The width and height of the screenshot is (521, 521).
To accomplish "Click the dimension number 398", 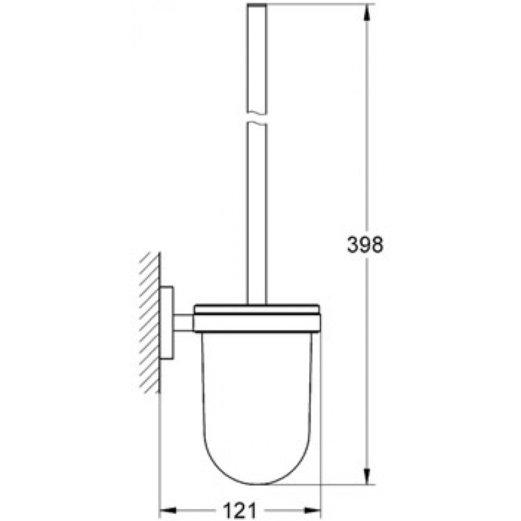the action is (365, 245).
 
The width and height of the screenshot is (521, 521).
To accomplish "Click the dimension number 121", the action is (240, 511).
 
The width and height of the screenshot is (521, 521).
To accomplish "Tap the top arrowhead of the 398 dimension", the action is (367, 12).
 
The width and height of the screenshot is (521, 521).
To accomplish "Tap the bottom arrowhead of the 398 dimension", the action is (367, 476).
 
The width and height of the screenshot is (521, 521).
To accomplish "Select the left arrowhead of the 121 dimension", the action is (168, 510).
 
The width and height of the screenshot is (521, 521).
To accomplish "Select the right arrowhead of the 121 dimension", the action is (313, 510).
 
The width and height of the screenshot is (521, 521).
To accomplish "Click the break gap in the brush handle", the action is (257, 118).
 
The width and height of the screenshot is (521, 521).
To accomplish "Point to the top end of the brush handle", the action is (257, 5).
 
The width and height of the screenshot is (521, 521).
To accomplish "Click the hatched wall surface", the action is (150, 322).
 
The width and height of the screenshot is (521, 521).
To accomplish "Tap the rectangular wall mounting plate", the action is (167, 322).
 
